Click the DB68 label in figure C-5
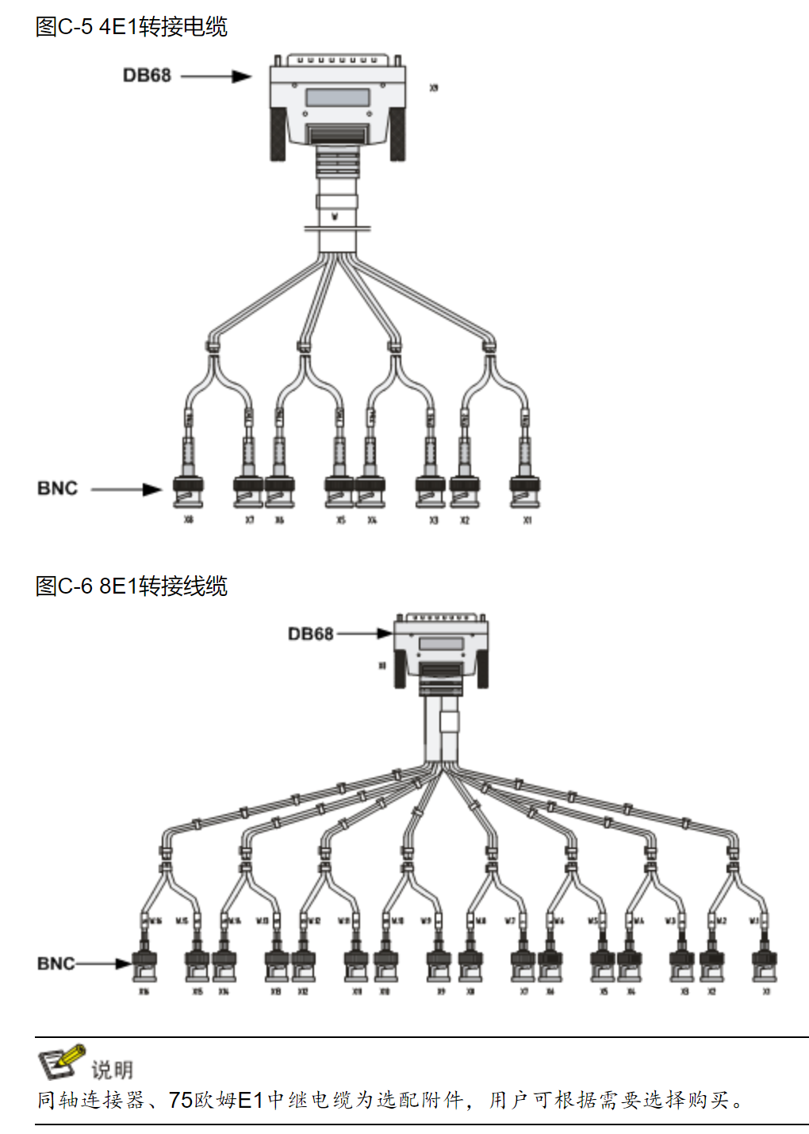click(x=147, y=75)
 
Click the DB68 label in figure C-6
click(x=310, y=634)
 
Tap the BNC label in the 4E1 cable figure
click(x=57, y=488)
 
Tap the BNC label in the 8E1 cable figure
click(x=56, y=963)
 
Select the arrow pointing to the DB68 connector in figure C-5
click(x=216, y=76)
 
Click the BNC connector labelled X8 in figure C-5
click(x=188, y=491)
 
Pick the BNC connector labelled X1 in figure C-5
click(x=525, y=491)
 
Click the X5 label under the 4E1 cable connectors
click(x=341, y=521)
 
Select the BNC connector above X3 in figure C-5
click(x=431, y=491)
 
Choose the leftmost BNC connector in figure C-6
click(x=144, y=964)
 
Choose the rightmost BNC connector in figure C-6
click(x=765, y=964)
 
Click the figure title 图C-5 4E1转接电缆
click(x=132, y=27)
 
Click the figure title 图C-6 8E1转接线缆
click(x=132, y=586)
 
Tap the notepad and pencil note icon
click(x=60, y=1062)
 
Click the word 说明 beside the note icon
click(x=112, y=1070)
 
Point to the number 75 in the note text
click(x=181, y=1100)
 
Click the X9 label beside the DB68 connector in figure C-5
click(x=434, y=88)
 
